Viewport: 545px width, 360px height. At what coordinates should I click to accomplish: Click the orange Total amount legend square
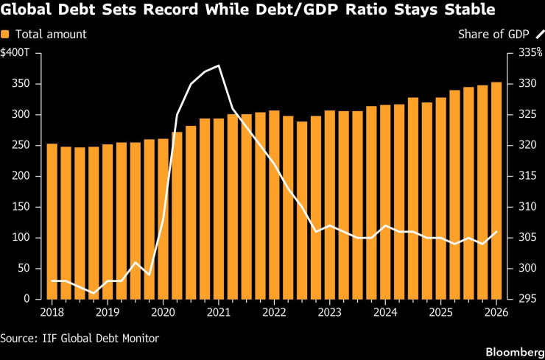[5, 35]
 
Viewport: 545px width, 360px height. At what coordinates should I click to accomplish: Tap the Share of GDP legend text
[493, 35]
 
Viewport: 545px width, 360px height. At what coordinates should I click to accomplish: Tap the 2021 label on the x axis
[219, 312]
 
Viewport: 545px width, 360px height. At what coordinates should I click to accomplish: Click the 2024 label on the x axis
[385, 312]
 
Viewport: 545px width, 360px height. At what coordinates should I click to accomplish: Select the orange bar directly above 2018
[52, 222]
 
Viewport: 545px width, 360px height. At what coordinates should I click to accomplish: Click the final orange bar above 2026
[496, 191]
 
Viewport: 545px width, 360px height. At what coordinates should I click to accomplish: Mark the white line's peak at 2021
[219, 66]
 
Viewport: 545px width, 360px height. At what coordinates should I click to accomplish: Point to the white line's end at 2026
[496, 231]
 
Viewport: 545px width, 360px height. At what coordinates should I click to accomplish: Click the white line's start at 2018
[52, 280]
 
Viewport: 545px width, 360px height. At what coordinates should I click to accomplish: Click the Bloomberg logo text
[515, 351]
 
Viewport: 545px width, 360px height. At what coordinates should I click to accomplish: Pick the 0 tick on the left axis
[30, 299]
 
